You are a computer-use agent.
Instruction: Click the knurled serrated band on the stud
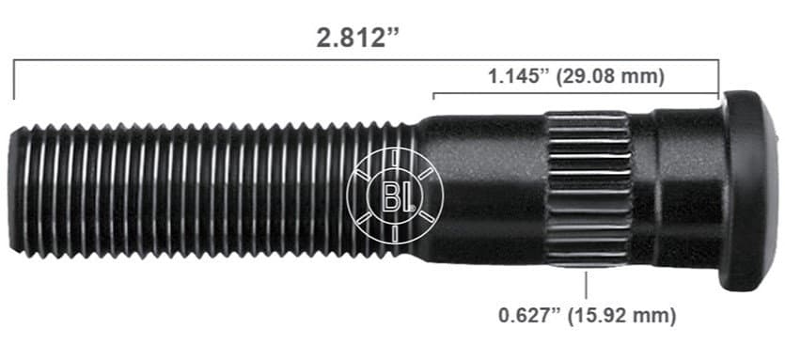coord(589,188)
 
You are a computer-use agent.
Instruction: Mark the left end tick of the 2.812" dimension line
coord(13,81)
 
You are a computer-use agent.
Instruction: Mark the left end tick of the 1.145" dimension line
coord(433,95)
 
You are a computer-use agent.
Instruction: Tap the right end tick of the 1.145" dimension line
coord(718,93)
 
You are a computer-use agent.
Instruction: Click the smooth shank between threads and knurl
coord(484,188)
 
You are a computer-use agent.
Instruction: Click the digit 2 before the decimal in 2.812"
coord(322,39)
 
